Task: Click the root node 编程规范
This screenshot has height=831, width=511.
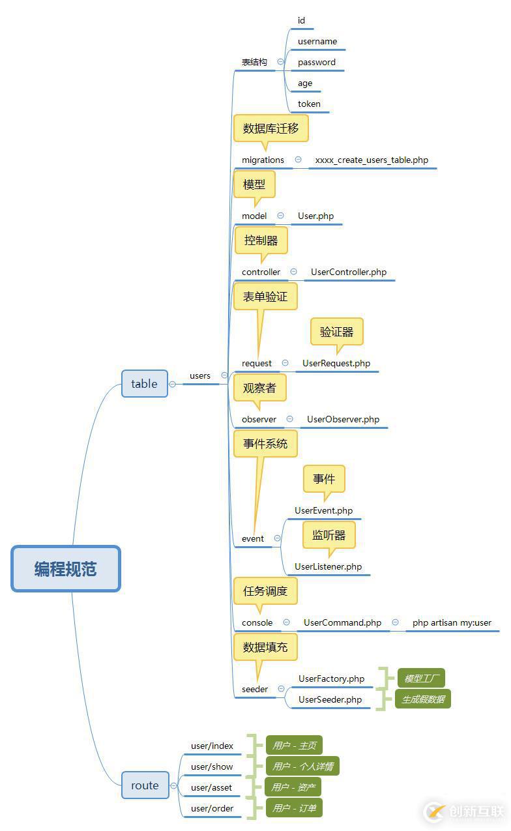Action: click(66, 569)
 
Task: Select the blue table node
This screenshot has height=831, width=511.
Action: click(144, 384)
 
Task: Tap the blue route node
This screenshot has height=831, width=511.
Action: click(145, 785)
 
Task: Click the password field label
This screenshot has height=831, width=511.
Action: click(317, 63)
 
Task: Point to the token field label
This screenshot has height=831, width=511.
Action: click(309, 104)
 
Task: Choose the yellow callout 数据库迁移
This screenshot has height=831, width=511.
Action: click(270, 128)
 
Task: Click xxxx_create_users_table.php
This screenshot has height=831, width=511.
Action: click(372, 160)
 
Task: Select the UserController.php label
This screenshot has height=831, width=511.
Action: click(349, 272)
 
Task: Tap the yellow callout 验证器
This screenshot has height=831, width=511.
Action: click(336, 332)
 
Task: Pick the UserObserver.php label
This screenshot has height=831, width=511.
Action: click(343, 420)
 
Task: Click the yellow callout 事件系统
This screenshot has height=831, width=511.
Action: click(265, 444)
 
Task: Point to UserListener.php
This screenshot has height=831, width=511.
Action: click(328, 567)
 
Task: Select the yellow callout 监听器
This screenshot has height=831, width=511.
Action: click(328, 536)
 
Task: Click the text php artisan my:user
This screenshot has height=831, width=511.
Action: click(452, 623)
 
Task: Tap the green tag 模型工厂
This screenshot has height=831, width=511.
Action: click(421, 678)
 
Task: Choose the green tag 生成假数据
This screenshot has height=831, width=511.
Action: click(423, 699)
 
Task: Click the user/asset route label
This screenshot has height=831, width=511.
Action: click(211, 788)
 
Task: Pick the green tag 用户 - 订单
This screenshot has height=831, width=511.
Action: click(293, 809)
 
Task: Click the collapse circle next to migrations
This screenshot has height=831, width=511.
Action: click(298, 160)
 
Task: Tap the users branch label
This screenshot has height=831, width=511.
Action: click(200, 376)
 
